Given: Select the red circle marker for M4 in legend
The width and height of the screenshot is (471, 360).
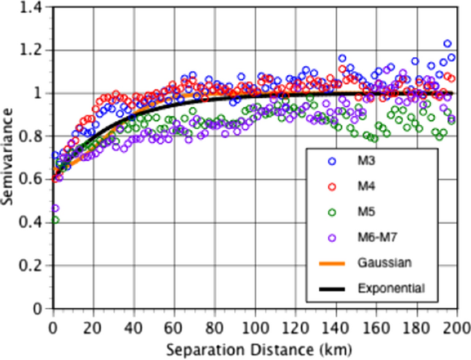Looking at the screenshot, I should pyautogui.click(x=331, y=186).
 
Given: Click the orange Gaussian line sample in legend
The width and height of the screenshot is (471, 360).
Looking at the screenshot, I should pyautogui.click(x=331, y=262).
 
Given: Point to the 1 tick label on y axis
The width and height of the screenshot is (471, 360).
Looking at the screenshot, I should pyautogui.click(x=39, y=93).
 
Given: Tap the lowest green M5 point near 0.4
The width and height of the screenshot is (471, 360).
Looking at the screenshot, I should pyautogui.click(x=54, y=220).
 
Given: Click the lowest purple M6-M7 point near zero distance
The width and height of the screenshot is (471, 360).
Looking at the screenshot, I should pyautogui.click(x=54, y=207).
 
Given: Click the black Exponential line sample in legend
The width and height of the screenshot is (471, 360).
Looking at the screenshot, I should pyautogui.click(x=331, y=287).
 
